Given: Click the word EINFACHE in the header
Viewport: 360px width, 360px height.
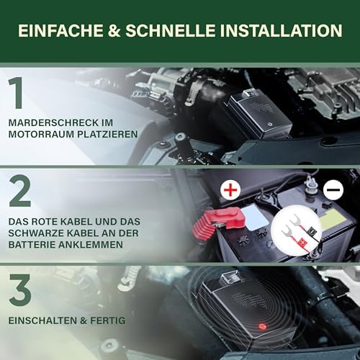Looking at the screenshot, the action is pyautogui.click(x=60, y=30).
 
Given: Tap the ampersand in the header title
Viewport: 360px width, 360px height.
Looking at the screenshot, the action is pyautogui.click(x=114, y=30).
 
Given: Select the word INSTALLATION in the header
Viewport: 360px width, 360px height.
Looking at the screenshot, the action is pyautogui.click(x=281, y=30).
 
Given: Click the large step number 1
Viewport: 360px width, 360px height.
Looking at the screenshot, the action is pyautogui.click(x=16, y=93).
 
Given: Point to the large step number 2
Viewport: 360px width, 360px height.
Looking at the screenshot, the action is pyautogui.click(x=20, y=191).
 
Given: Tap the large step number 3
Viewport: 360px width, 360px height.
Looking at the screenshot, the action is pyautogui.click(x=20, y=290).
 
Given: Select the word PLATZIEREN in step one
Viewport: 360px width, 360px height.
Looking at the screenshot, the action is pyautogui.click(x=107, y=134).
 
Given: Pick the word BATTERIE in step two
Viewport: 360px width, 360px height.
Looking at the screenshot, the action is pyautogui.click(x=30, y=245).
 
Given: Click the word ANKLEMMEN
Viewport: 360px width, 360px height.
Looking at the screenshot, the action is pyautogui.click(x=89, y=245).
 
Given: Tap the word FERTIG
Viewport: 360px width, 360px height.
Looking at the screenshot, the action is pyautogui.click(x=108, y=320).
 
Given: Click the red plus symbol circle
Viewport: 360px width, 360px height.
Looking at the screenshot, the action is pyautogui.click(x=230, y=189).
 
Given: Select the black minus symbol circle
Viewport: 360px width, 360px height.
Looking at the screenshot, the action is pyautogui.click(x=333, y=189).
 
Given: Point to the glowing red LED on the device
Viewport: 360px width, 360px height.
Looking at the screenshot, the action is pyautogui.click(x=262, y=326).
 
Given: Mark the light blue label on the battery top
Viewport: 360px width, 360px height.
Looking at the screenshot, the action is pyautogui.click(x=255, y=217).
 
